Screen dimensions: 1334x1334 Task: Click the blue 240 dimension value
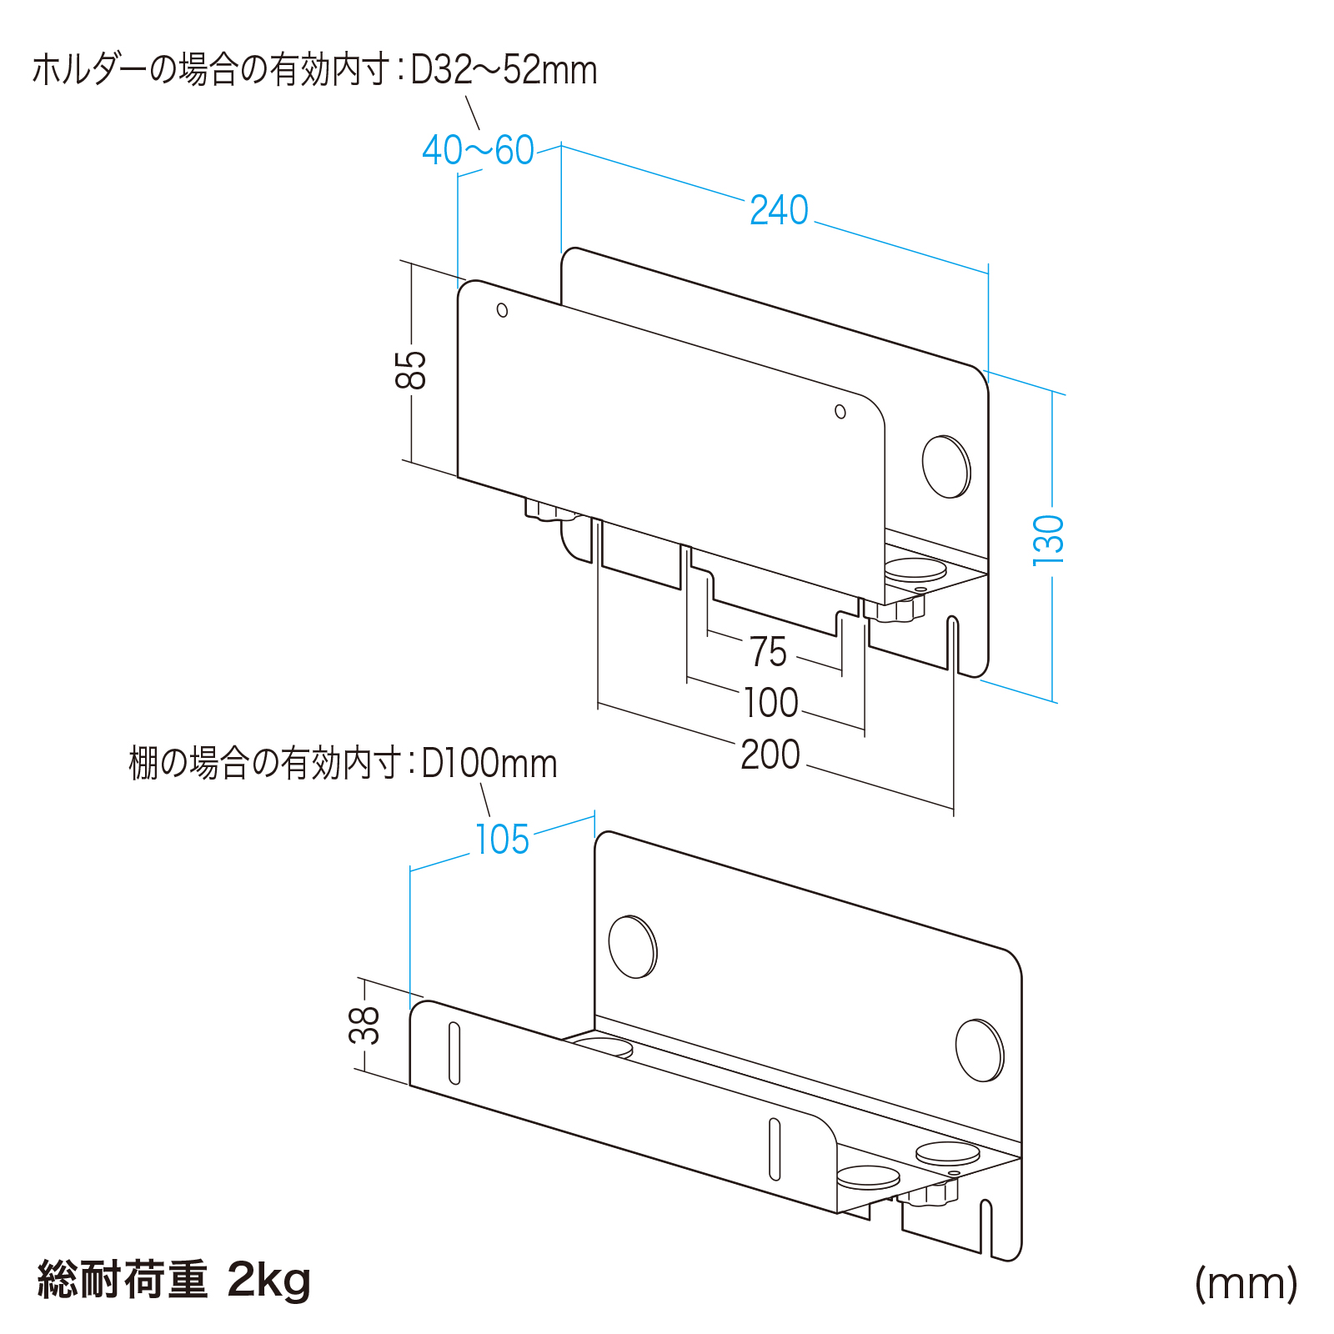coord(779,210)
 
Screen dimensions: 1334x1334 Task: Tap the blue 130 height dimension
coord(1049,540)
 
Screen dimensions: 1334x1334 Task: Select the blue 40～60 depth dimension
coord(478,151)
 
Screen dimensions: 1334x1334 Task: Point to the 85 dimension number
coord(411,369)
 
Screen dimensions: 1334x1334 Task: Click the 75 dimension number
coord(768,652)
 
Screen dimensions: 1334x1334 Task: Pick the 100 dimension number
coord(770,703)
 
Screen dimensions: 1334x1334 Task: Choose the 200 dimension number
coord(770,755)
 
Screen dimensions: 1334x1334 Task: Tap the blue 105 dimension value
coord(502,840)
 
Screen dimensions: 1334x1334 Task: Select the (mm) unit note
coord(1246,1283)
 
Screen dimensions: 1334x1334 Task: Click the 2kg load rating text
coord(268,1280)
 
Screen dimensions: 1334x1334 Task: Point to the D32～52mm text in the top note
coord(504,70)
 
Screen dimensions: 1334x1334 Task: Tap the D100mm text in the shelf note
coord(489,764)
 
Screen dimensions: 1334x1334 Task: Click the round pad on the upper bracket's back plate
coord(946,466)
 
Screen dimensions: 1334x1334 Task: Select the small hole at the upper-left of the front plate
coord(502,310)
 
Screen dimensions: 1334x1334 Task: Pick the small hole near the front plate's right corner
coord(840,412)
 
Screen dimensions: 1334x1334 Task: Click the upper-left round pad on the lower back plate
coord(633,946)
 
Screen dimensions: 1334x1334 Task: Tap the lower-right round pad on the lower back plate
coord(980,1051)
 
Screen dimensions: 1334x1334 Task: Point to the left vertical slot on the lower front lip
coord(454,1052)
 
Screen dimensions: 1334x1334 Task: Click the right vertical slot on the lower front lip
coord(775,1149)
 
